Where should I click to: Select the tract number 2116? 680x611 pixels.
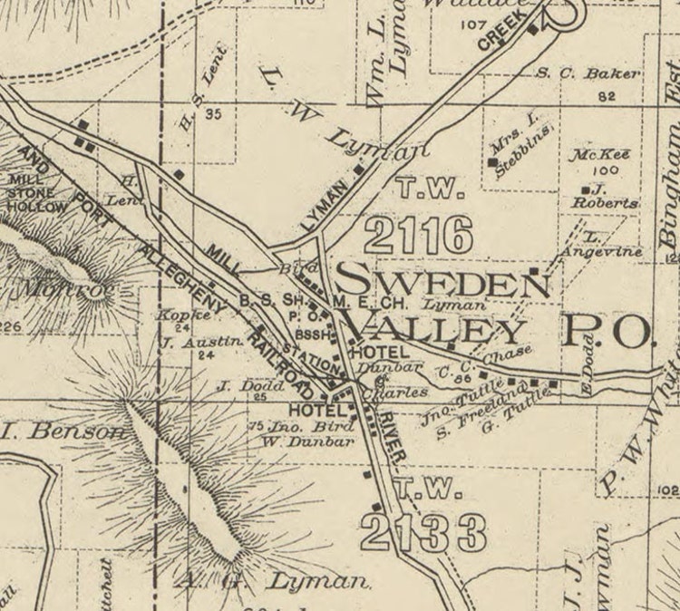click(x=418, y=236)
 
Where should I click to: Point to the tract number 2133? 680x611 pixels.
click(x=423, y=532)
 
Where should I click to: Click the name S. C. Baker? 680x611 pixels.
click(x=588, y=73)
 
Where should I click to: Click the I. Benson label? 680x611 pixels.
click(x=63, y=431)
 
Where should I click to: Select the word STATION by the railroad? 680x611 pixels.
click(x=308, y=355)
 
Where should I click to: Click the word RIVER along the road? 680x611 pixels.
click(x=386, y=435)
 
